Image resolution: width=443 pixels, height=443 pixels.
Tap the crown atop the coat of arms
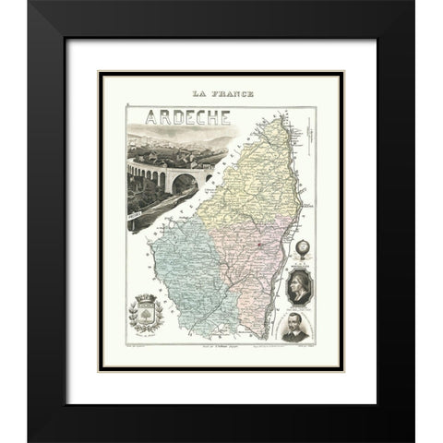click(150, 301)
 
